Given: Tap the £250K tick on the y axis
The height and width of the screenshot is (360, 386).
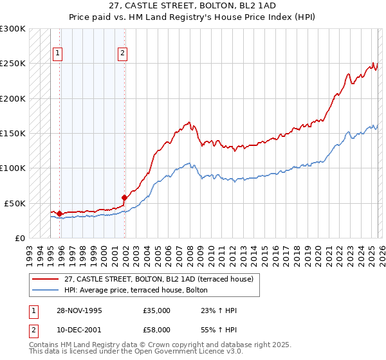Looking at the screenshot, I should coord(14,64).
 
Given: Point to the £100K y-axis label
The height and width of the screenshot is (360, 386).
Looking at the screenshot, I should coord(14,168).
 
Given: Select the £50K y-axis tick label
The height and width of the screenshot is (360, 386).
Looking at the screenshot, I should coord(15,203).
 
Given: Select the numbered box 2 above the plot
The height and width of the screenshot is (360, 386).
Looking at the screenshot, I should coord(122,54).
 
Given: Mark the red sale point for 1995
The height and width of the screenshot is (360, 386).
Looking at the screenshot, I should coord(59,213).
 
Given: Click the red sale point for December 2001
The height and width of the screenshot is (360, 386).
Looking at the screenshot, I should coord(124,197).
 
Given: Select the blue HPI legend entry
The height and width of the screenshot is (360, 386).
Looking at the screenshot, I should coord(136,290).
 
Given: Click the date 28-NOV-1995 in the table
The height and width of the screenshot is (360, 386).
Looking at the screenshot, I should coord(78,310).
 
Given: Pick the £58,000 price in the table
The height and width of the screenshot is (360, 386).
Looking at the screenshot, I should coord(156,329).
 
